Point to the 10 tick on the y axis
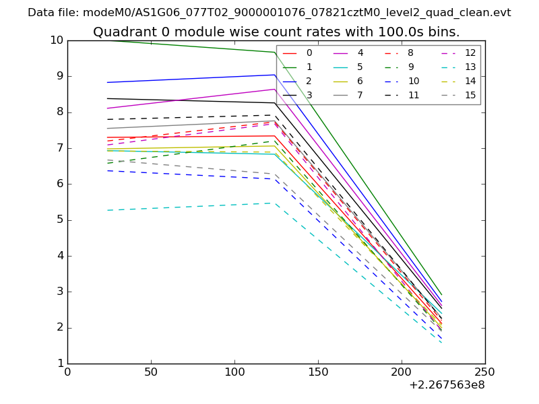tap(57, 40)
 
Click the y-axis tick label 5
tap(59, 220)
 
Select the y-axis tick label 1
tap(59, 364)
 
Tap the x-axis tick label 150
tap(318, 372)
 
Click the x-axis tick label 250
tap(485, 372)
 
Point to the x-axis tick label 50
tap(151, 372)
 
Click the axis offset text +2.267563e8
tap(447, 386)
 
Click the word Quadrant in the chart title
tap(120, 32)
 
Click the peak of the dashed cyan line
tap(276, 203)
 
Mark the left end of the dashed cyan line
tap(108, 210)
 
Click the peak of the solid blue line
tap(276, 75)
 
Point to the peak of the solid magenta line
tap(276, 89)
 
